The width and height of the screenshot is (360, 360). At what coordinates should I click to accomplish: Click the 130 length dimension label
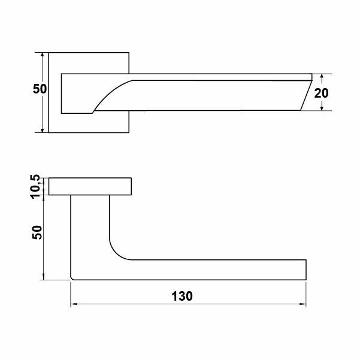(x=182, y=296)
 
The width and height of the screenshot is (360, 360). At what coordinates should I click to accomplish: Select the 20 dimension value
(x=321, y=93)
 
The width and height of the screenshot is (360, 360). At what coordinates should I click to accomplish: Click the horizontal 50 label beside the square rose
(x=40, y=89)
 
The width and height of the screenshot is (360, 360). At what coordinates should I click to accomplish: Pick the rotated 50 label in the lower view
(x=37, y=232)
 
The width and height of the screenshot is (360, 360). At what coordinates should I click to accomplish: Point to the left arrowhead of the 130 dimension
(x=73, y=304)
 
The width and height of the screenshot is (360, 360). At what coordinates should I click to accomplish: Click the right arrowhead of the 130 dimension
(x=303, y=304)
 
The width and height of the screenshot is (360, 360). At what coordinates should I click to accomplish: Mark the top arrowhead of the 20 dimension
(x=322, y=77)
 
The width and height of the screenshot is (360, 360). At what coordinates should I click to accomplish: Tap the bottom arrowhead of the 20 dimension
(x=322, y=107)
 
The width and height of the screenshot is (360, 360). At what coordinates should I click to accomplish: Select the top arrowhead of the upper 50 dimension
(x=42, y=56)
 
